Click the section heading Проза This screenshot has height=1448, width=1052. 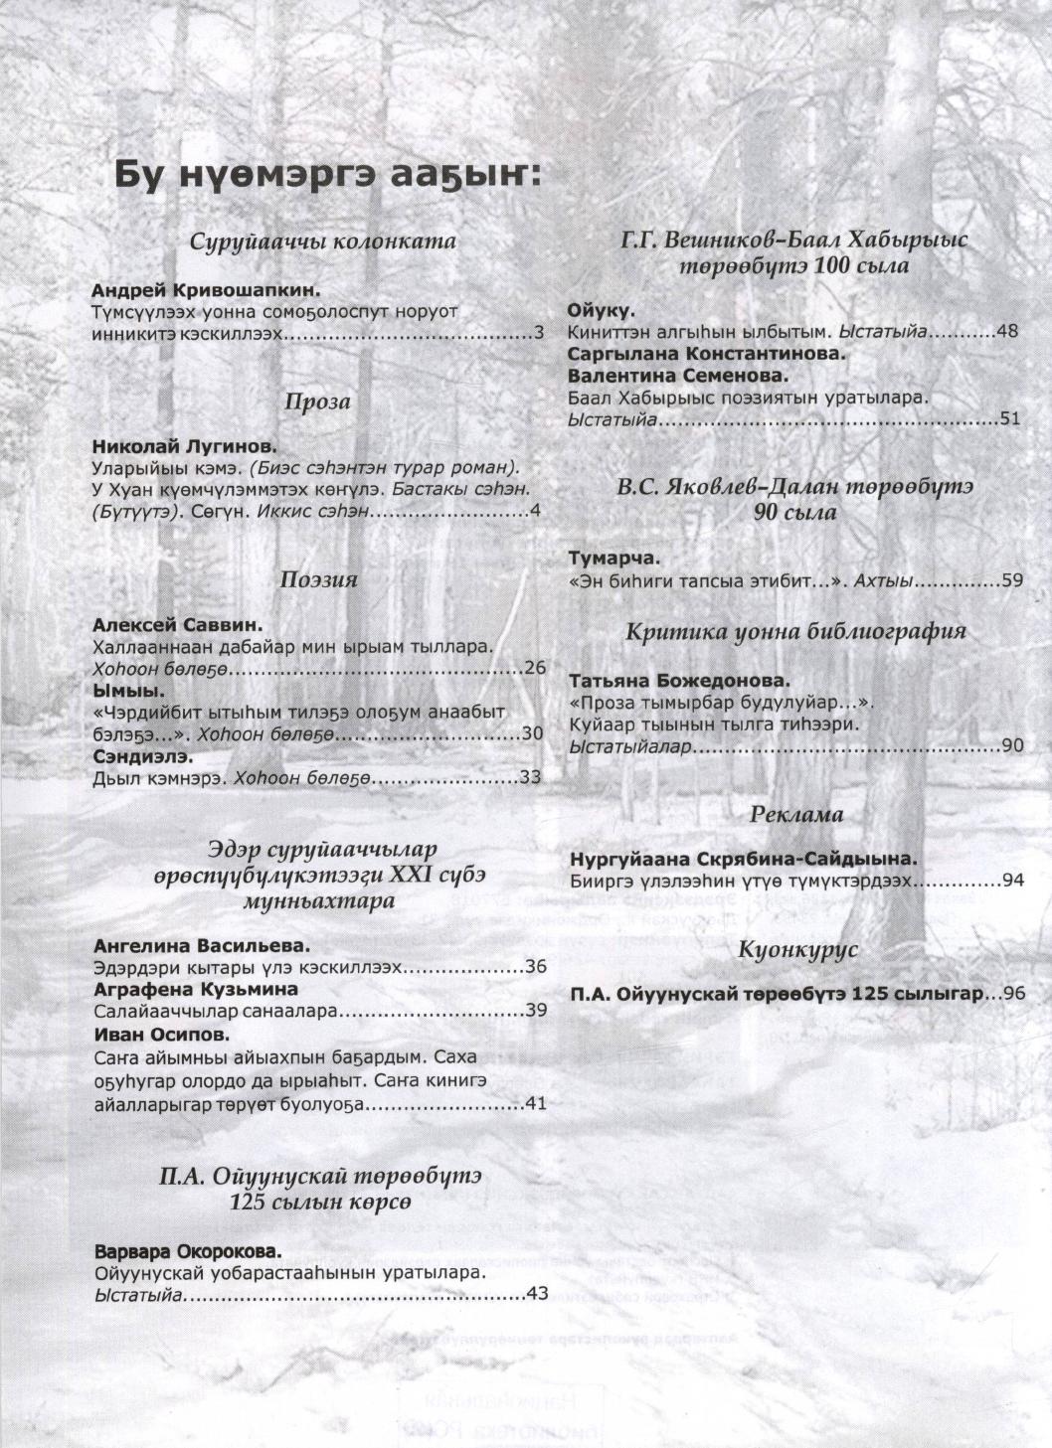[x=317, y=402]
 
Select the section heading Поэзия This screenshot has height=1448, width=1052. [x=318, y=578]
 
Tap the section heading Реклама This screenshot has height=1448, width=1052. [x=796, y=814]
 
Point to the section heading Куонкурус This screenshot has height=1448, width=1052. [x=797, y=949]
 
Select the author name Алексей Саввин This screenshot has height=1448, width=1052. [x=177, y=625]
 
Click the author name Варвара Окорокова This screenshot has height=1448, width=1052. [x=189, y=1250]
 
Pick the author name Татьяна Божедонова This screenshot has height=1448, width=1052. [x=680, y=681]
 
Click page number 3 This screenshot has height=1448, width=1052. [x=539, y=333]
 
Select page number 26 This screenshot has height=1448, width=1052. [x=535, y=668]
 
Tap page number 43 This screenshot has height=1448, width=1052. [x=537, y=1294]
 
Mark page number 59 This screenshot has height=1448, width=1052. [x=1012, y=580]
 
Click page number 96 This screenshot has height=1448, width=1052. [x=1014, y=993]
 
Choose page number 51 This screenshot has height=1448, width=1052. [x=1010, y=418]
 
